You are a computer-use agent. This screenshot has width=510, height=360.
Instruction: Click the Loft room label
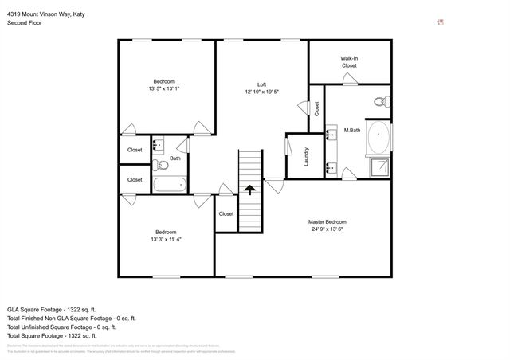coord(261,84)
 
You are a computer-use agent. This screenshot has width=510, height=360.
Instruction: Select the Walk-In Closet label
coord(349,61)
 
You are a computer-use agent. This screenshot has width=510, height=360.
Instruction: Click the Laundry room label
coord(307,156)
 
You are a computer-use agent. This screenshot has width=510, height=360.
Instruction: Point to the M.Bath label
coord(352,130)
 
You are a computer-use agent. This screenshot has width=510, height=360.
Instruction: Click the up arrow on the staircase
coord(250,190)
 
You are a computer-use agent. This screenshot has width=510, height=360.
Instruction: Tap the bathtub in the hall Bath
coord(169,185)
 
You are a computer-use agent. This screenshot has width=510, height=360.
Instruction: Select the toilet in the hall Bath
coord(160,165)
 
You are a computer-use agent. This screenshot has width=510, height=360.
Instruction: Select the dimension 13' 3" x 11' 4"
coord(167,239)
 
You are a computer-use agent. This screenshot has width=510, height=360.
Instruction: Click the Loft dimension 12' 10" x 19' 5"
coord(261,92)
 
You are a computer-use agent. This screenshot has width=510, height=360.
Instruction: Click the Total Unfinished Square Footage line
coord(61,327)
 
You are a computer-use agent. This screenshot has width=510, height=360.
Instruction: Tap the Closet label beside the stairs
coord(226,213)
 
